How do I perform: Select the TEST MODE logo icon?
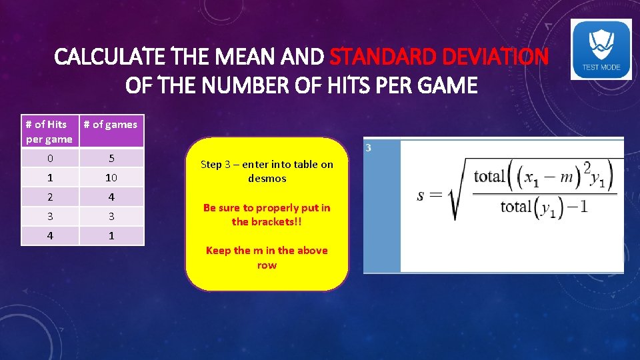[601, 49]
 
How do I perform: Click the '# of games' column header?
[111, 125]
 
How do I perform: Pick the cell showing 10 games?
[111, 177]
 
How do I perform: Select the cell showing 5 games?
[111, 158]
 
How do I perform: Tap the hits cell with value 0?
[50, 158]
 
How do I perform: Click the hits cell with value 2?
[50, 197]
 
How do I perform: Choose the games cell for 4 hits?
[111, 235]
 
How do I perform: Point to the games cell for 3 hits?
[111, 216]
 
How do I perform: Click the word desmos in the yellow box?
[267, 178]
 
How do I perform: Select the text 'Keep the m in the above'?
[267, 251]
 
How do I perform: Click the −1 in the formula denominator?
[579, 207]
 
